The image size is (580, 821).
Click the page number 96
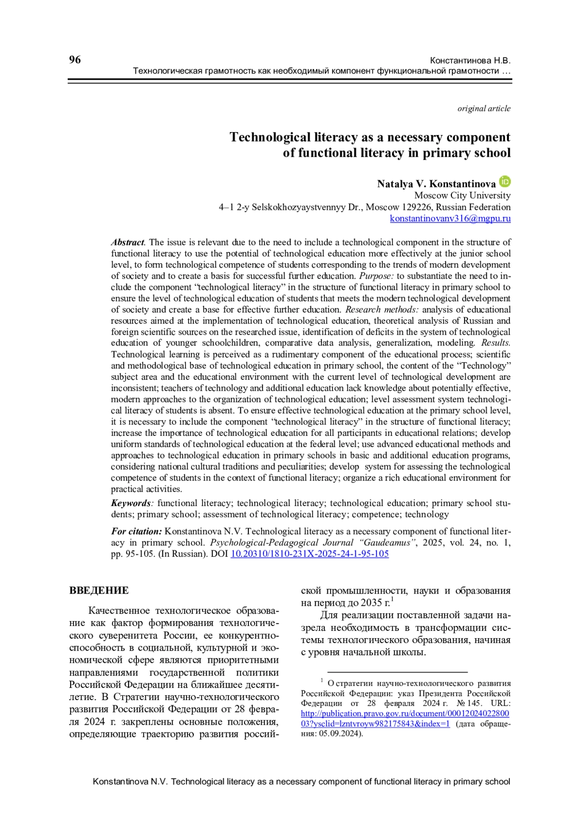(x=75, y=60)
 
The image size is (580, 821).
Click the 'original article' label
(x=484, y=108)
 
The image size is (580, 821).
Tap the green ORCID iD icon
(x=505, y=182)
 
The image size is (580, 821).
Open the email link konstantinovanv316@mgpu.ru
(x=450, y=218)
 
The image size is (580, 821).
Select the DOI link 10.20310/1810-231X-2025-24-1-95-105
(x=309, y=554)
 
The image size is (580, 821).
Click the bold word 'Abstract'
(x=128, y=242)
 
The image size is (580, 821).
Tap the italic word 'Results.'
(x=495, y=343)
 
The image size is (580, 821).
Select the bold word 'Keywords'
(x=130, y=503)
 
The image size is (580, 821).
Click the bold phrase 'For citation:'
(x=136, y=531)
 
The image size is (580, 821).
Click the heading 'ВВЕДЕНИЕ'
(x=99, y=591)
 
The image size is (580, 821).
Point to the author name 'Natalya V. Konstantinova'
(x=436, y=184)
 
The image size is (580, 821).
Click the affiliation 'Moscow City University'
(x=462, y=195)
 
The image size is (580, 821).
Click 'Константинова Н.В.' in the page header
(x=470, y=61)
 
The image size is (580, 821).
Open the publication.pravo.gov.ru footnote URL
(x=405, y=714)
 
